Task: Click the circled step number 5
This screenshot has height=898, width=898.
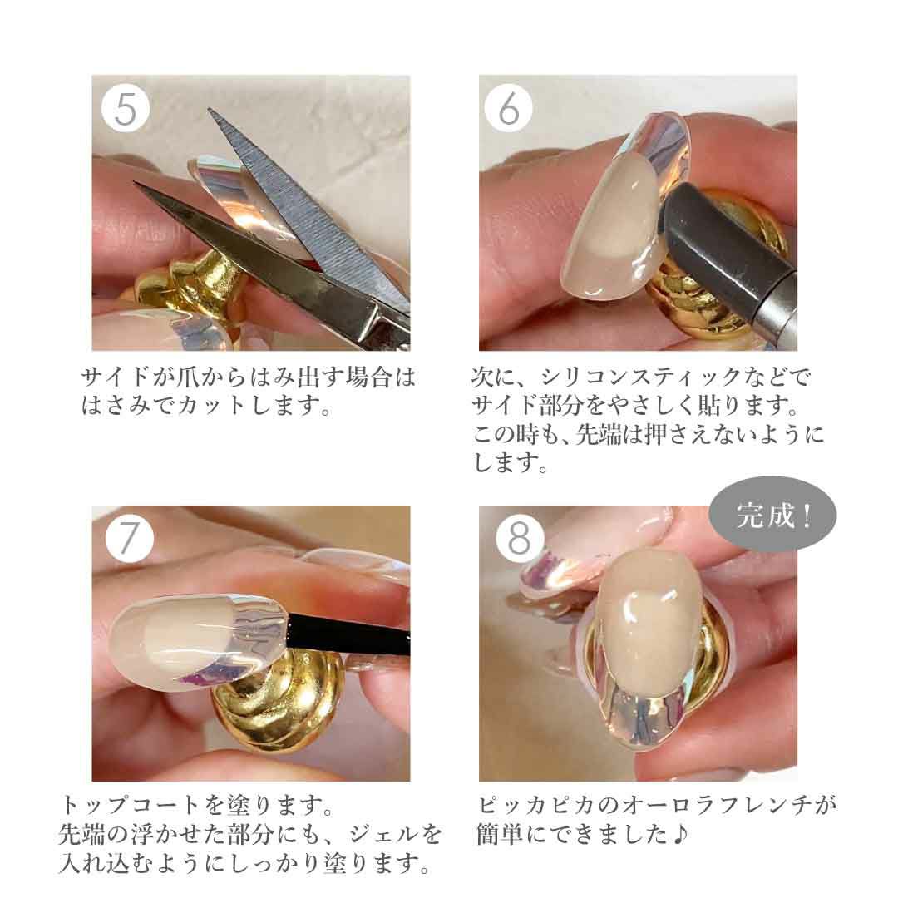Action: (126, 108)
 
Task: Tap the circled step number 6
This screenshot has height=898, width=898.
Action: (509, 108)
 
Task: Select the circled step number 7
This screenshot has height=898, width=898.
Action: (130, 539)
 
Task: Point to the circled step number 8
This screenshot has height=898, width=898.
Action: (520, 539)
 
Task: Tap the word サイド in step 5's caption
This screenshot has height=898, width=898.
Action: (115, 377)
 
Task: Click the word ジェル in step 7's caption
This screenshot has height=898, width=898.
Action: (383, 835)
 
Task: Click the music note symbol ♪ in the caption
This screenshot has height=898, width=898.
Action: (679, 835)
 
